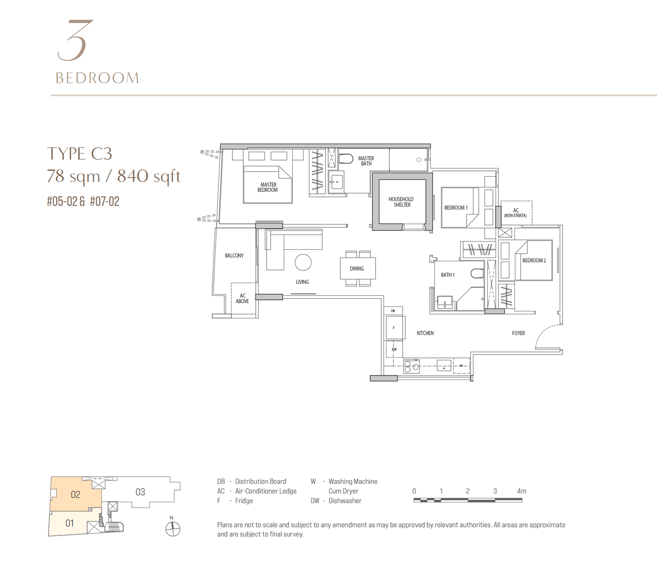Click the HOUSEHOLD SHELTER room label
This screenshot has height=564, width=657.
click(401, 202)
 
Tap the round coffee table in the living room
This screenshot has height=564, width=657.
click(303, 262)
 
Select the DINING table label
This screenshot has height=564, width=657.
click(357, 269)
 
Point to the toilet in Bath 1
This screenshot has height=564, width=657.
click(477, 274)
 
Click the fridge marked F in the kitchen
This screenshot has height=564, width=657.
click(394, 328)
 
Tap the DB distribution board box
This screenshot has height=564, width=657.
click(393, 311)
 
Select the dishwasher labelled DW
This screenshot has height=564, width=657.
click(394, 350)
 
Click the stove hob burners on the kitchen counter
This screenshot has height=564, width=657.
click(411, 366)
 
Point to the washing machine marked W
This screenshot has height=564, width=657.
click(461, 366)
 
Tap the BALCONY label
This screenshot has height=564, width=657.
click(234, 256)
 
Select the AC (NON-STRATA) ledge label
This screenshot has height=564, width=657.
click(516, 212)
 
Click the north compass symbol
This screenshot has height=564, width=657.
click(173, 529)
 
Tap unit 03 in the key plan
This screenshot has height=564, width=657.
click(140, 492)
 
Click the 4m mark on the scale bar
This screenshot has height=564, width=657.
click(521, 491)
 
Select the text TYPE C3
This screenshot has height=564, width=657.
click(80, 154)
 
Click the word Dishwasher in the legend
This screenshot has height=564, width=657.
click(345, 501)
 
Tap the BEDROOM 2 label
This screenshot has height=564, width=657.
click(534, 260)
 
